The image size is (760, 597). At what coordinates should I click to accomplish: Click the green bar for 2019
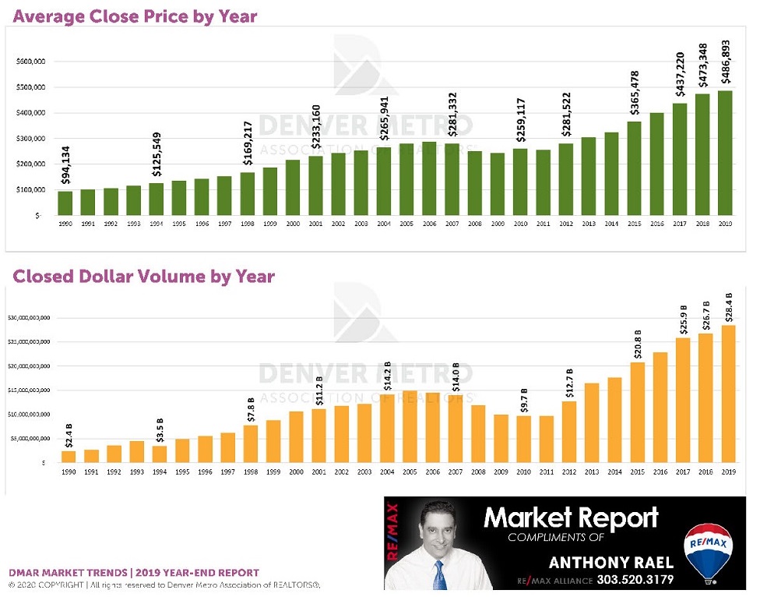[x=725, y=153]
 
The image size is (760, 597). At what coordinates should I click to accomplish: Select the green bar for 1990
[x=65, y=203]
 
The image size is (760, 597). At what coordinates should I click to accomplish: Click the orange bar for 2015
[x=638, y=412]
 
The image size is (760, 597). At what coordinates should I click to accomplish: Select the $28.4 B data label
[x=728, y=306]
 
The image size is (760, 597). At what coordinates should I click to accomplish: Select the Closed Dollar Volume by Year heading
[x=143, y=276]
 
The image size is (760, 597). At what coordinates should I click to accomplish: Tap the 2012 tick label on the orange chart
[x=569, y=471]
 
